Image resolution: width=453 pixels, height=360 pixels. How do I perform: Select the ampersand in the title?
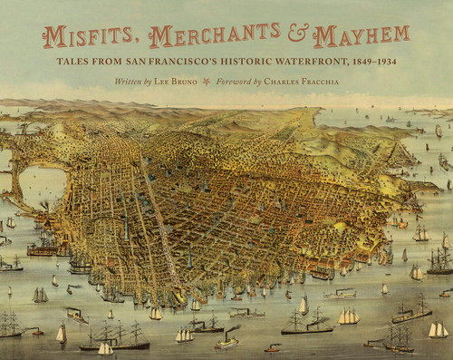(x=302, y=36)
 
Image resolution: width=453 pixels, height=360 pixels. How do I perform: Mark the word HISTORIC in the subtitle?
(x=270, y=63)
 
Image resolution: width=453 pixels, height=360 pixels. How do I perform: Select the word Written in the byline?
(x=131, y=82)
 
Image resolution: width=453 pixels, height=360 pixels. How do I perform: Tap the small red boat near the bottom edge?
(x=272, y=347)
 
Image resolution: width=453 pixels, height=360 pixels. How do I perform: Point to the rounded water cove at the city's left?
(x=41, y=186)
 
